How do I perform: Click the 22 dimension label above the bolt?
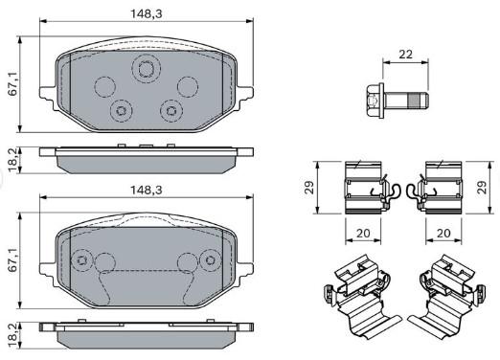(405, 55)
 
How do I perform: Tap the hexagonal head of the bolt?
(375, 101)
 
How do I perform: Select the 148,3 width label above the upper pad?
(147, 13)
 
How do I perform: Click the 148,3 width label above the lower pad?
(147, 191)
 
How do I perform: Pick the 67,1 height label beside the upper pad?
(13, 85)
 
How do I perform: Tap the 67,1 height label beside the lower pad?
(13, 260)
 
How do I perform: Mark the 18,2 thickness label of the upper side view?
(13, 160)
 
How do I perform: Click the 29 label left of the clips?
(309, 188)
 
